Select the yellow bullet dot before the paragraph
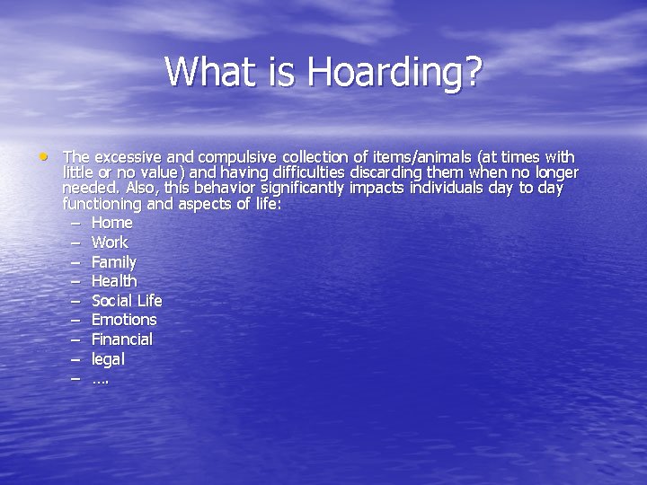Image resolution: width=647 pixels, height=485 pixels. coord(43,156)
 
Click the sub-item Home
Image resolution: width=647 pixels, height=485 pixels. coord(111,222)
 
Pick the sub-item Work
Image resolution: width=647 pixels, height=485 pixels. coord(110,242)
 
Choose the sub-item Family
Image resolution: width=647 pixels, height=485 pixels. coord(114,262)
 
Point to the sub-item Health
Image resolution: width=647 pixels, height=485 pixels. coord(114,281)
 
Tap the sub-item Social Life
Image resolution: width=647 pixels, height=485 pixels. coord(127,300)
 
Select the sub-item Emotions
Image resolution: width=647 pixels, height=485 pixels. coord(124,320)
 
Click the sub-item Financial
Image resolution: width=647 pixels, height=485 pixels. coord(122,339)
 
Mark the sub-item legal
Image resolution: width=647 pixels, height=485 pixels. coord(108,359)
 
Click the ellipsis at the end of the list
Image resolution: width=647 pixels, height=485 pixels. coord(100,380)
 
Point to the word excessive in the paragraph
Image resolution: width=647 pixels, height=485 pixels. coord(128,157)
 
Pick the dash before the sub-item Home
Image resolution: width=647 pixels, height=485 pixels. coord(74,222)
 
